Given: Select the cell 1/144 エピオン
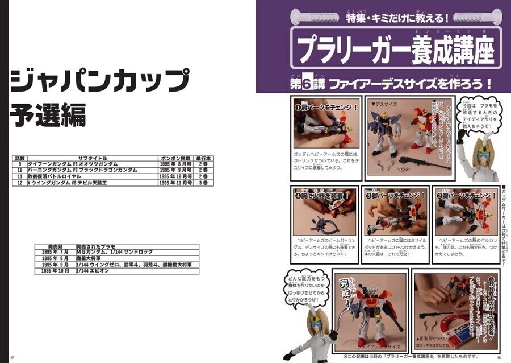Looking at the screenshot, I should click(x=94, y=271).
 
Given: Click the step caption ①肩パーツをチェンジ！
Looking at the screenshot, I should click(x=326, y=106).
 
